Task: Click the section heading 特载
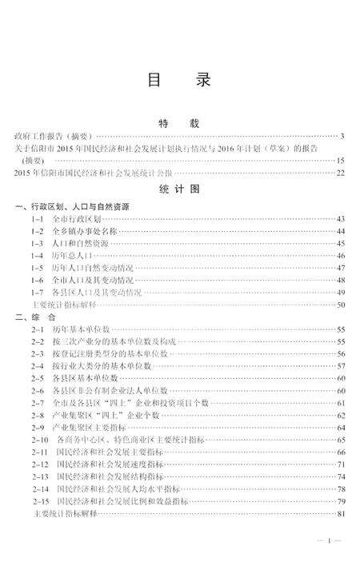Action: pos(179,124)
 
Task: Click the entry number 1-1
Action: pos(37,218)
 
